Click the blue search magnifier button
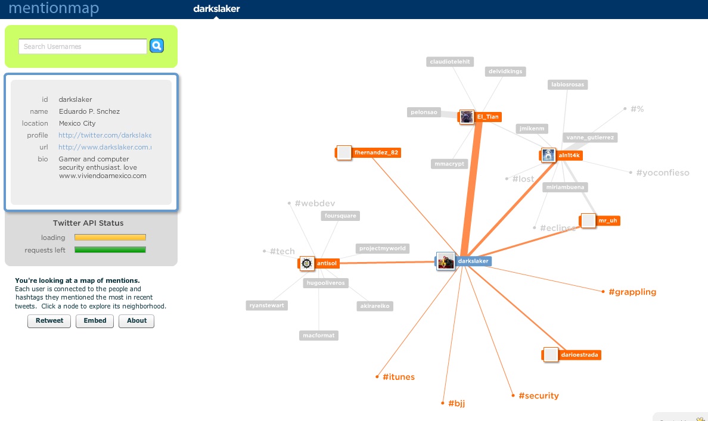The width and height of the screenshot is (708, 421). coord(157,46)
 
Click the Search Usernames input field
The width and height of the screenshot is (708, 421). coord(82,46)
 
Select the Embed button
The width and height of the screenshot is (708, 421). coord(95,321)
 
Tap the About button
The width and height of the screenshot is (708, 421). coord(136,321)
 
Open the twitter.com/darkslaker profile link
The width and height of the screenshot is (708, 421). coord(105,135)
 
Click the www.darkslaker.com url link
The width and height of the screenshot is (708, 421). coord(105,147)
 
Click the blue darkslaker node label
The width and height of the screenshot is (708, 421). coord(474,261)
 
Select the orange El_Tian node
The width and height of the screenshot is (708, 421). coord(487,117)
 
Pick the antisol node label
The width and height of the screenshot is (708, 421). coord(327,263)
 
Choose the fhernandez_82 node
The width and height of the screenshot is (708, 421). coord(376,152)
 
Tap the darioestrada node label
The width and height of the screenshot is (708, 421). coord(579,355)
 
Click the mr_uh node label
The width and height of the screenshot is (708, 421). coord(608,220)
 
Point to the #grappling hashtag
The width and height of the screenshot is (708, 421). coord(632,292)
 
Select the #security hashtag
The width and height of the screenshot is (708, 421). coord(539,395)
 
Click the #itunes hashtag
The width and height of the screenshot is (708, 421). coord(399,377)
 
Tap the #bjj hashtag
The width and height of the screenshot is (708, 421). coord(457,403)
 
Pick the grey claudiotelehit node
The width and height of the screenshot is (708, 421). coord(450,61)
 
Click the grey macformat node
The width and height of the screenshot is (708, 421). coord(319,335)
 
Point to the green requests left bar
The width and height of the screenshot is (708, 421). coord(110,250)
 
